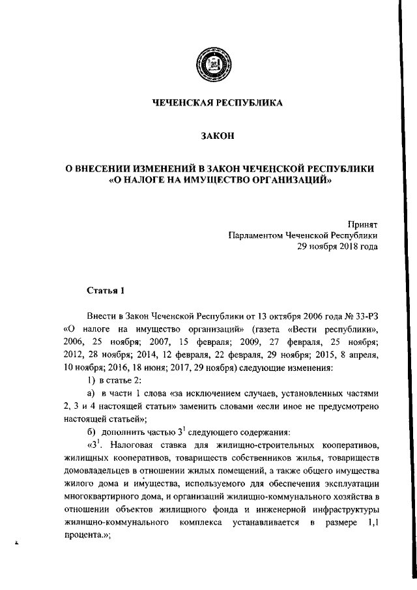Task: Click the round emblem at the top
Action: [x=217, y=68]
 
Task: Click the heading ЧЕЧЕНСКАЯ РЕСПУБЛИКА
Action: [x=217, y=103]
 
